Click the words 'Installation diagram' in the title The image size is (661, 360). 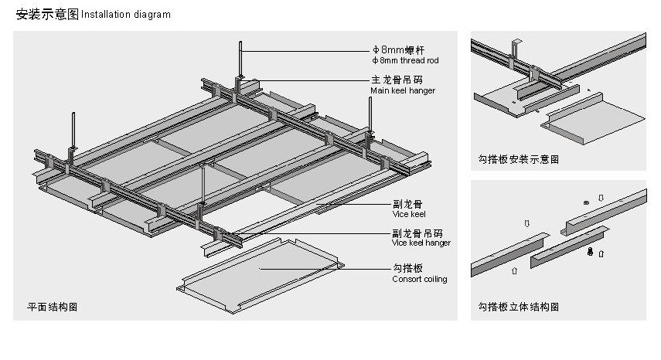pyautogui.click(x=125, y=15)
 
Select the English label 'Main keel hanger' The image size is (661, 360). pyautogui.click(x=402, y=90)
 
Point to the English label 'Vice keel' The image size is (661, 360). pyautogui.click(x=408, y=214)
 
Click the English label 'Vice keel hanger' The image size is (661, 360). pyautogui.click(x=421, y=243)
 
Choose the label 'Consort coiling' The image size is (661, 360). pyautogui.click(x=419, y=279)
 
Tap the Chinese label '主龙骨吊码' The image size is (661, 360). pyautogui.click(x=396, y=80)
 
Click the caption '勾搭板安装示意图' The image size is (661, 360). pyautogui.click(x=518, y=160)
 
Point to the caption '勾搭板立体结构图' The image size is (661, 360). pyautogui.click(x=518, y=307)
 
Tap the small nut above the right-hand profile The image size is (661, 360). pyautogui.click(x=586, y=202)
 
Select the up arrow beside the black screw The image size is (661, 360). pyautogui.click(x=601, y=253)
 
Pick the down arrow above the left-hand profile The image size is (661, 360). pyautogui.click(x=526, y=223)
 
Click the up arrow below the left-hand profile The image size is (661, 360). pyautogui.click(x=515, y=271)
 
